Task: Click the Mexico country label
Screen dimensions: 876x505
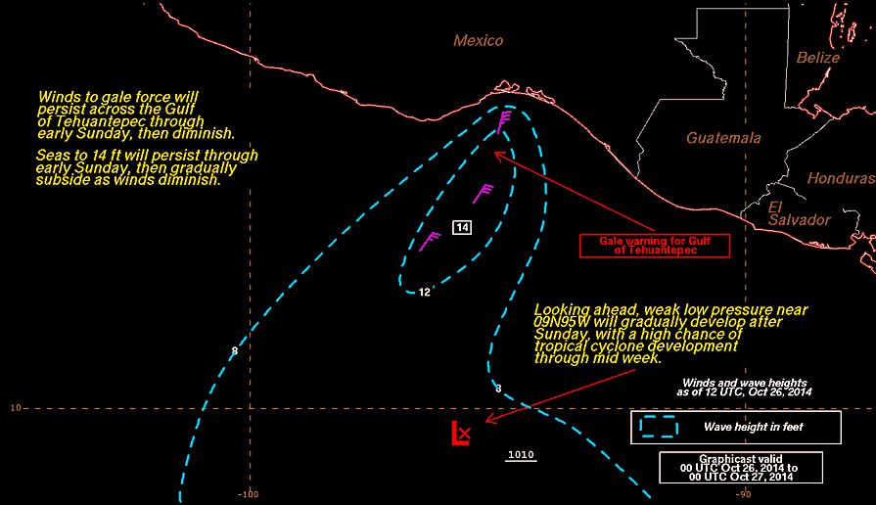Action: click(x=479, y=40)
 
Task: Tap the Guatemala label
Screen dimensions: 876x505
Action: click(x=723, y=137)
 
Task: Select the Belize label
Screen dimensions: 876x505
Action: click(x=818, y=58)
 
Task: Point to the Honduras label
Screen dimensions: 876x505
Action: click(x=841, y=178)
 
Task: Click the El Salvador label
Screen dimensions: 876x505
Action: click(x=799, y=213)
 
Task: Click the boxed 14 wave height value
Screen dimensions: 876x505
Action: click(x=462, y=227)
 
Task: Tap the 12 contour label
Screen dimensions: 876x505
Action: click(x=425, y=293)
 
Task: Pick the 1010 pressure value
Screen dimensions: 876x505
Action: click(x=521, y=455)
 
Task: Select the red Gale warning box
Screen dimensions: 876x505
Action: click(x=655, y=246)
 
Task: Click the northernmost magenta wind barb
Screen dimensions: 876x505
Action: click(x=504, y=121)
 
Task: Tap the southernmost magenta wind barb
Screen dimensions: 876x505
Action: click(x=429, y=242)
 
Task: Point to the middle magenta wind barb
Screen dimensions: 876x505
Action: click(x=483, y=194)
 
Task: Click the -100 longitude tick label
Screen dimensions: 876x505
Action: click(x=248, y=494)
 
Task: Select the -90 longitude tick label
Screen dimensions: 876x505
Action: click(x=743, y=494)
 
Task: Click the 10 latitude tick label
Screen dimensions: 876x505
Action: click(x=15, y=408)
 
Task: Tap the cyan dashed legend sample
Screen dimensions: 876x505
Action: click(x=659, y=427)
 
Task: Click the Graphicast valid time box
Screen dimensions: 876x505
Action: click(x=741, y=468)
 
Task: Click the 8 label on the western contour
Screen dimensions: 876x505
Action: click(x=235, y=351)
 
